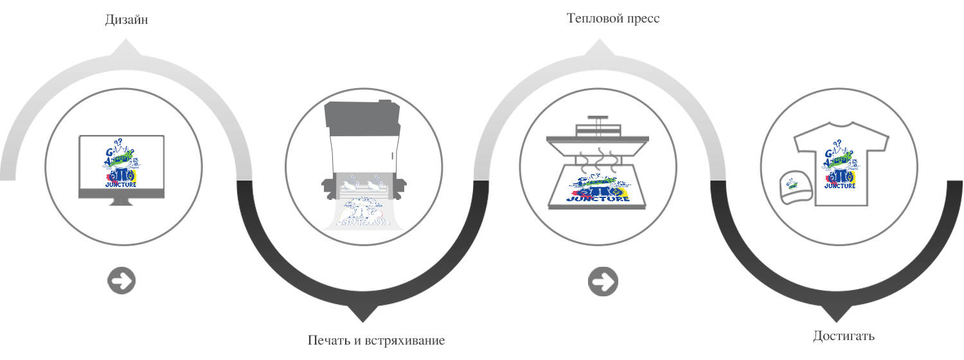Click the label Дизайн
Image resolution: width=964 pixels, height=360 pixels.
127,20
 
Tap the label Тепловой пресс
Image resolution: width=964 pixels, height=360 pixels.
613,18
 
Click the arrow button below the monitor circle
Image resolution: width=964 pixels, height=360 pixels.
121,281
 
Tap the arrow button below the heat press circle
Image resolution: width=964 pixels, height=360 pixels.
603,281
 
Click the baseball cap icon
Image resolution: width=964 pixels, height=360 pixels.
794,188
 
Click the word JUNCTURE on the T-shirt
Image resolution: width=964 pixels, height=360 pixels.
840,186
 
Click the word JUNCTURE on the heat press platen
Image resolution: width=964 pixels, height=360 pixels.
598,197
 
